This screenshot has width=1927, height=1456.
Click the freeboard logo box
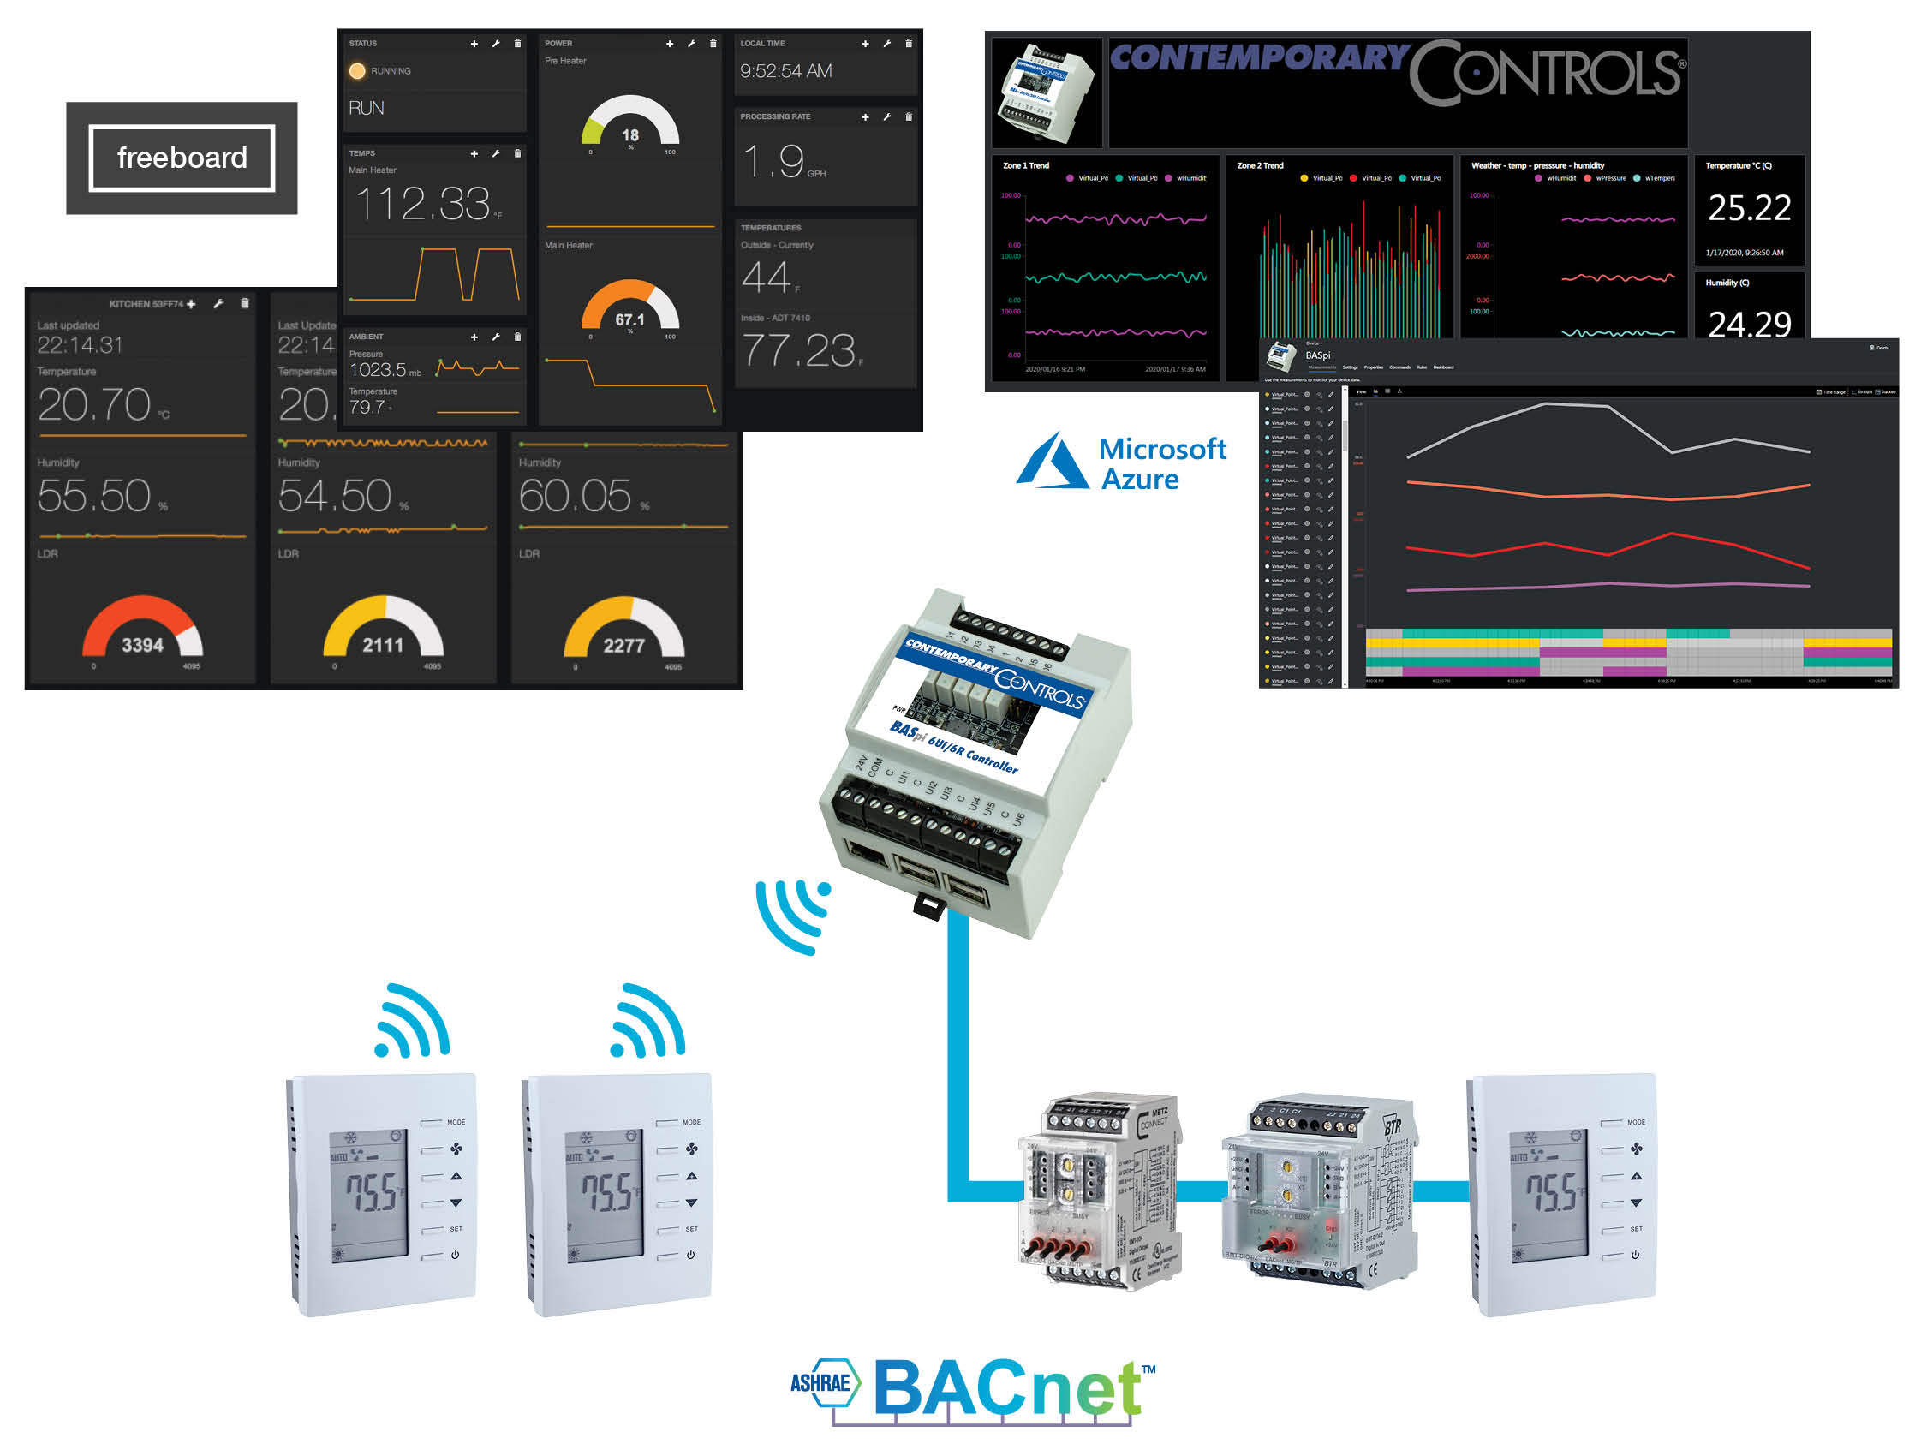click(x=182, y=158)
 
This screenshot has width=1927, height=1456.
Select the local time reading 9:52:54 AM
click(x=785, y=71)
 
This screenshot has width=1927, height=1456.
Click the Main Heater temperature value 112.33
click(x=423, y=204)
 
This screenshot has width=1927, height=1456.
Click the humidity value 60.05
click(x=575, y=496)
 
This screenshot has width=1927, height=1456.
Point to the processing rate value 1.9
click(x=774, y=161)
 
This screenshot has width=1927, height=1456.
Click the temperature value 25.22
click(x=1748, y=207)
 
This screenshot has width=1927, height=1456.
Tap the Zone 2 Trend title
click(x=1260, y=165)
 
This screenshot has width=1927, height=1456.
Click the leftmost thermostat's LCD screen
click(x=368, y=1193)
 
